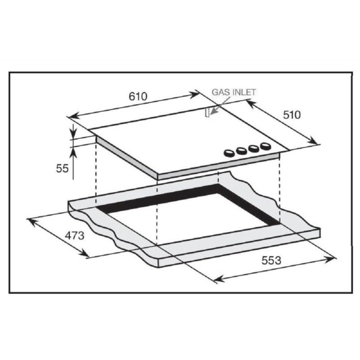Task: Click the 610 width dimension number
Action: (x=138, y=96)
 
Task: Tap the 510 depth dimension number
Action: (x=292, y=115)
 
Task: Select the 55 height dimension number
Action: (x=62, y=168)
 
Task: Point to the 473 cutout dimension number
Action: (x=75, y=235)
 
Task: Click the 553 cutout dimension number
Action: (x=271, y=261)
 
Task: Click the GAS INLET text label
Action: (x=234, y=92)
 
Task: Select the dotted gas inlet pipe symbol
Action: (x=207, y=113)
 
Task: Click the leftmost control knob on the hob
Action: (x=229, y=153)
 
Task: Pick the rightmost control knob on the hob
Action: (x=265, y=146)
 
